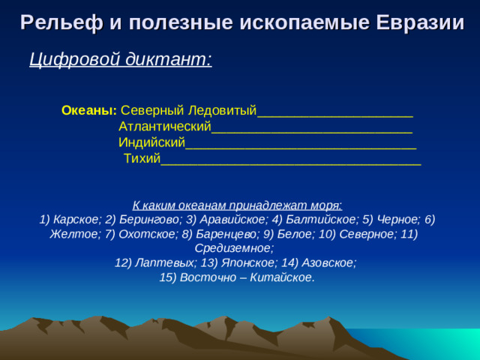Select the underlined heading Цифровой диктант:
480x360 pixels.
click(x=120, y=58)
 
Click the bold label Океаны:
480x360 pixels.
click(x=88, y=110)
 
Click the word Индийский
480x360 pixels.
click(x=151, y=142)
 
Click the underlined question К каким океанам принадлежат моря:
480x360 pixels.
click(x=237, y=205)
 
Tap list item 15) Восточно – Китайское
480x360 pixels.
click(x=237, y=277)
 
